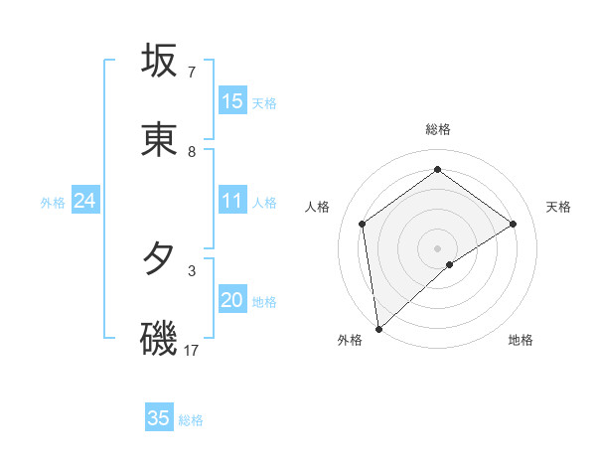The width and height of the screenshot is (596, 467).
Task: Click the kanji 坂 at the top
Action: [x=160, y=61]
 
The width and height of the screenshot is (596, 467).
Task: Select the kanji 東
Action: [x=160, y=140]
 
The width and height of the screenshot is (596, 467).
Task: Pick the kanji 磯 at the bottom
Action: [x=160, y=338]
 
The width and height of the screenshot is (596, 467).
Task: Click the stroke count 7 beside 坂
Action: [x=192, y=73]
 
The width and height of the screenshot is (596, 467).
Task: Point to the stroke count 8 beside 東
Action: [x=192, y=152]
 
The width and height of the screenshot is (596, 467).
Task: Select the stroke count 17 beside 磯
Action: [x=193, y=350]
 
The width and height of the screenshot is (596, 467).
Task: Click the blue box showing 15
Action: [x=232, y=101]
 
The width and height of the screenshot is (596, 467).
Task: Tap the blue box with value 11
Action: [x=232, y=202]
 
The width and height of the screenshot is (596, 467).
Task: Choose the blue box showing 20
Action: [x=232, y=301]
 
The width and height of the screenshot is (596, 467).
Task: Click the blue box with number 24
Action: [x=85, y=202]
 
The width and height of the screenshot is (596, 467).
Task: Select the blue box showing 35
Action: [x=159, y=418]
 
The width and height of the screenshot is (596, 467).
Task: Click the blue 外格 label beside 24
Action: [x=53, y=203]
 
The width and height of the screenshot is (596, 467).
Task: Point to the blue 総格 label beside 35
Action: [x=191, y=420]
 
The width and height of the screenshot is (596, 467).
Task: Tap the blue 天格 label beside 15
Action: [x=264, y=103]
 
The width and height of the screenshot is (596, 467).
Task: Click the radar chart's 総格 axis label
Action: [x=437, y=129]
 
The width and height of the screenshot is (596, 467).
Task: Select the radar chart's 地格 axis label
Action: [x=521, y=340]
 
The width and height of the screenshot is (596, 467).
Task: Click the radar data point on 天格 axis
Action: [x=513, y=224]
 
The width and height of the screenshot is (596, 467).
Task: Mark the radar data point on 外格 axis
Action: [x=377, y=328]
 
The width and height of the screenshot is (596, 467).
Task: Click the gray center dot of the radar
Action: [x=437, y=247]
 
